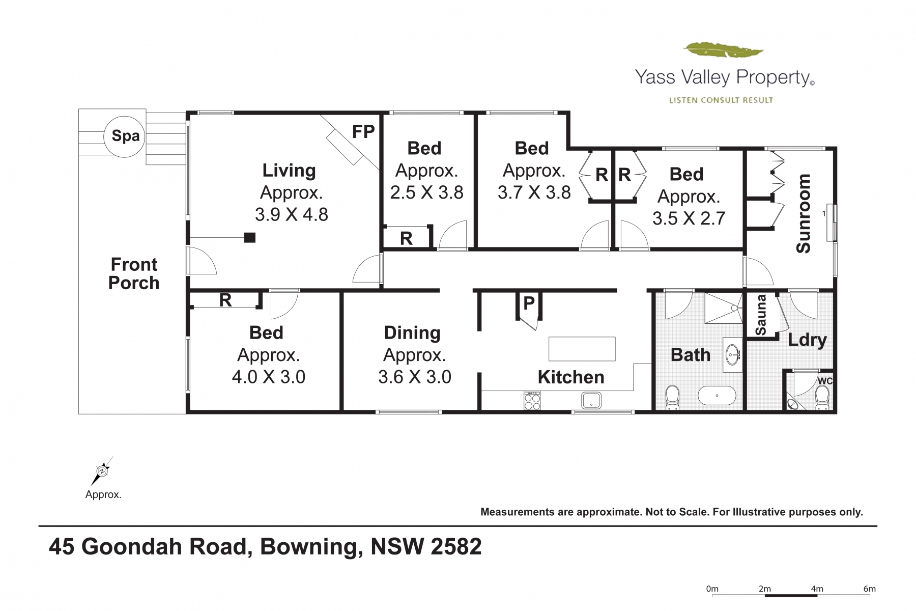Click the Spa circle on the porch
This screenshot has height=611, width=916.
tap(125, 136)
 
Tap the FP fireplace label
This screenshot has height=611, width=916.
tap(363, 132)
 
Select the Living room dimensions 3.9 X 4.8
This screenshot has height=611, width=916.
tap(292, 214)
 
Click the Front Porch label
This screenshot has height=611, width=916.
tap(134, 273)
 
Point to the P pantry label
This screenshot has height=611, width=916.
tap(529, 303)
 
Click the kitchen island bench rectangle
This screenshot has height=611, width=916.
tap(582, 349)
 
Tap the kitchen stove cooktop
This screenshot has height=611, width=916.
tap(532, 400)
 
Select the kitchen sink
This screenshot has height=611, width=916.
tap(591, 400)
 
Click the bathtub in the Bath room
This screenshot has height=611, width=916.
tap(717, 395)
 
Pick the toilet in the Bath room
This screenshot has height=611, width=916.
tap(672, 398)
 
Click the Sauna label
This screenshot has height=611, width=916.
tap(761, 315)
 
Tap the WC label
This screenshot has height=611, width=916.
tap(825, 381)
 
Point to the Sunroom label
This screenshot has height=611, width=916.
tap(804, 213)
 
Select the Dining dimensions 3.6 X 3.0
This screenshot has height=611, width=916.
tap(415, 377)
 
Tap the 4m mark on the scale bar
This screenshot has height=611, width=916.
tap(817, 589)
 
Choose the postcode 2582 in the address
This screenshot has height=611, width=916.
tap(456, 546)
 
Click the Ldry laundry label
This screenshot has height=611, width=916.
tap(807, 340)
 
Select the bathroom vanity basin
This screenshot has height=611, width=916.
tap(733, 354)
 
